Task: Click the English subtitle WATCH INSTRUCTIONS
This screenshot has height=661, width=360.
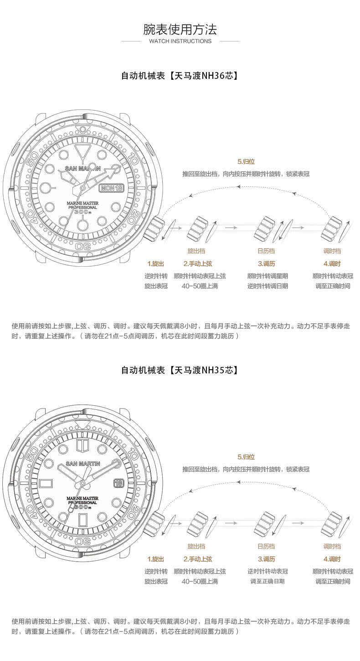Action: coord(180,41)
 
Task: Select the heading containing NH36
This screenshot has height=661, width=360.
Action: coord(180,75)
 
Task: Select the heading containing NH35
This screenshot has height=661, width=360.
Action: coord(180,370)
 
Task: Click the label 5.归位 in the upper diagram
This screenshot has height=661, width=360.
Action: coord(246,162)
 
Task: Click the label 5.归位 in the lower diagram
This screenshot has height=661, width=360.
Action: coord(246,457)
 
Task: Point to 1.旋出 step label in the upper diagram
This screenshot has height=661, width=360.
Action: coord(155,263)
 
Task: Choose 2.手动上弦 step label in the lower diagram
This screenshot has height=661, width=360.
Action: coord(198,559)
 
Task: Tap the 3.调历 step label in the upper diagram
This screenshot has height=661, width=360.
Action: coord(267,263)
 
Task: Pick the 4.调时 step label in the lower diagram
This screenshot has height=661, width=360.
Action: coord(332,559)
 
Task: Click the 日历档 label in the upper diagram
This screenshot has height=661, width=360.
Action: coord(267,251)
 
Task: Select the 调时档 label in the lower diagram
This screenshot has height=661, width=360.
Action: coord(332,546)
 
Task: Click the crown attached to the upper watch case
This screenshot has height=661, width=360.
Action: coord(155,227)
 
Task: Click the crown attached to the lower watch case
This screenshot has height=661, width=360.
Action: coord(155,523)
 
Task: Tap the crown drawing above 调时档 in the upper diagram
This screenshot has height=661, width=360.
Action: coord(332,228)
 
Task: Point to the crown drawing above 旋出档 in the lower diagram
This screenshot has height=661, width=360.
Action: coord(199,523)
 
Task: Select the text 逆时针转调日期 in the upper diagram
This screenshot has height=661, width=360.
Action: coord(267,286)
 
